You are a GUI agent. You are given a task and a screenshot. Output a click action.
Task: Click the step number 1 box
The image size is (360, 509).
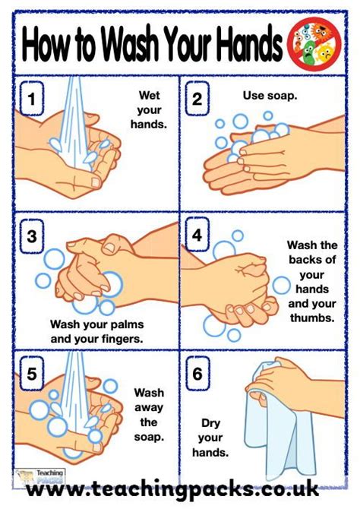31,98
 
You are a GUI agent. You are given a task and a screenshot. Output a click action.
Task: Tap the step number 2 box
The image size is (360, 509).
197,98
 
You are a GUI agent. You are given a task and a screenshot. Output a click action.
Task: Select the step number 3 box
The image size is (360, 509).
31,236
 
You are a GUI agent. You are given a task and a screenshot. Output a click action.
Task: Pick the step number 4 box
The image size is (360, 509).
197,236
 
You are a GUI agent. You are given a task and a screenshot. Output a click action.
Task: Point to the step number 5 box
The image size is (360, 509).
31,373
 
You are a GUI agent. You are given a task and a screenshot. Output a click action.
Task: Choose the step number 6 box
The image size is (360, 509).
197,373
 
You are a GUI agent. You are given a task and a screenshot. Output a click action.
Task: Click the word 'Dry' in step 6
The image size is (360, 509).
210,423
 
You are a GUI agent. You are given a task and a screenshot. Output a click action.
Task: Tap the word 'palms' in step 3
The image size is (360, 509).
114,324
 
